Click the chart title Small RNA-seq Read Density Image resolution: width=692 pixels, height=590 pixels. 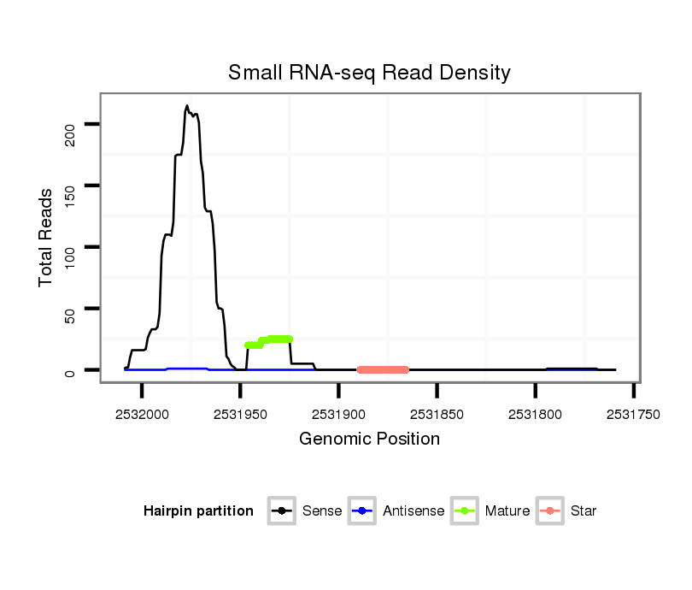coord(369,73)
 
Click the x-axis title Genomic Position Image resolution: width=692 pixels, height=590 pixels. coord(369,440)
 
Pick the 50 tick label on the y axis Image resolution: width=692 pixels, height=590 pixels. coord(71,309)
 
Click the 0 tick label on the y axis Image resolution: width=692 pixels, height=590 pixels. coord(71,371)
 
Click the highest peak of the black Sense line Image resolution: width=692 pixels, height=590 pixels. coord(187,107)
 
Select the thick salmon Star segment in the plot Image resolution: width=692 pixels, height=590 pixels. coord(383,369)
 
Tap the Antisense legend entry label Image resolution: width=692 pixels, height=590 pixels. coord(413,511)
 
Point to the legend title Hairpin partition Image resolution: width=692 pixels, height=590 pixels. coord(198,511)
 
